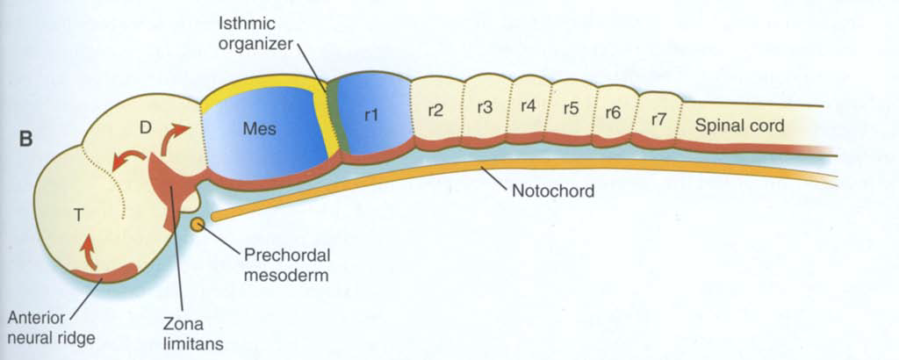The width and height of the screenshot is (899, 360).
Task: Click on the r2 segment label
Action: click(x=435, y=112)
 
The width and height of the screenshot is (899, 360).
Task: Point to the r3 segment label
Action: click(x=484, y=107)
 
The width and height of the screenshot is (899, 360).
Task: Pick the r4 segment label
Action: click(x=528, y=105)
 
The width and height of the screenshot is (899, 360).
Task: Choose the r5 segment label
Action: click(x=571, y=109)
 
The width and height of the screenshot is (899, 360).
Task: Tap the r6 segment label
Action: click(x=614, y=113)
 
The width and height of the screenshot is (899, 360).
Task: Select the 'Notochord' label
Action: click(x=553, y=190)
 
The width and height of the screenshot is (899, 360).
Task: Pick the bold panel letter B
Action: click(x=25, y=138)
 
